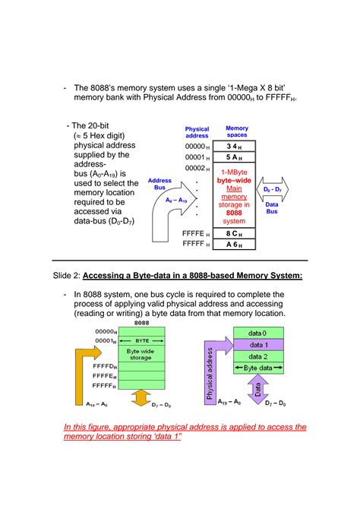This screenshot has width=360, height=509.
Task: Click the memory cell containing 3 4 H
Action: pyautogui.click(x=234, y=146)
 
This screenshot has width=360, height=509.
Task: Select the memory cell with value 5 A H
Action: pyautogui.click(x=234, y=157)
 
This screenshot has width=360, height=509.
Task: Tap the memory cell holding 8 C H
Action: pyautogui.click(x=234, y=233)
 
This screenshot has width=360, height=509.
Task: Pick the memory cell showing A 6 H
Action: pyautogui.click(x=234, y=245)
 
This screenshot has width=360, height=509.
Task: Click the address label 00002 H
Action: pyautogui.click(x=197, y=168)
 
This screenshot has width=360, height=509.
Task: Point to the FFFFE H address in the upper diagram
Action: pyautogui.click(x=197, y=233)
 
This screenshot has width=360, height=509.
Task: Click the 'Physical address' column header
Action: pyautogui.click(x=197, y=132)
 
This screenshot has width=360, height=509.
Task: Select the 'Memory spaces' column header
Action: pyautogui.click(x=236, y=132)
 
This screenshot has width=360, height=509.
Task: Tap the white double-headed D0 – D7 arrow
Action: pyautogui.click(x=273, y=188)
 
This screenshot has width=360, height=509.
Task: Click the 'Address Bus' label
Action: pyautogui.click(x=159, y=184)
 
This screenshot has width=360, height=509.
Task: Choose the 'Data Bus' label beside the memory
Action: pyautogui.click(x=272, y=208)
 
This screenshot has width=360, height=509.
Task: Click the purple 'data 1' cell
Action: pyautogui.click(x=257, y=344)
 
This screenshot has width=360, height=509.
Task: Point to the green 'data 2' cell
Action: pyautogui.click(x=257, y=356)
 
